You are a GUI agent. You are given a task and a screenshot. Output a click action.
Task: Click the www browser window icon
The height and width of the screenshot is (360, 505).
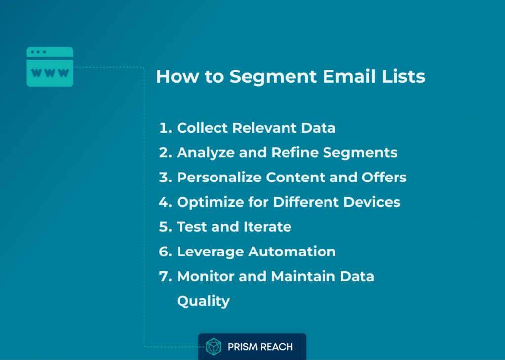[x=50, y=67]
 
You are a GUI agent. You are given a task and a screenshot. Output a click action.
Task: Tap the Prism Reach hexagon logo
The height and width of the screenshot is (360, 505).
[x=214, y=347]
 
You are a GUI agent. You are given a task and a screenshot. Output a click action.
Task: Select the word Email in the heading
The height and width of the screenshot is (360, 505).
[x=349, y=76]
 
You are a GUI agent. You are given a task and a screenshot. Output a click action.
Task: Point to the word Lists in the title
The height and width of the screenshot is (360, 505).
[x=403, y=76]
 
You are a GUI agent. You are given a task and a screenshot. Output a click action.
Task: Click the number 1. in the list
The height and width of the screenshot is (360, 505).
[x=166, y=128]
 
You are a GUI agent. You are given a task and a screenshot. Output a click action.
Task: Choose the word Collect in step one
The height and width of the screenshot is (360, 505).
[x=202, y=128]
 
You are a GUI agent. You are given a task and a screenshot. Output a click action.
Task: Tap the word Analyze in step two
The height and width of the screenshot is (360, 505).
[x=206, y=153]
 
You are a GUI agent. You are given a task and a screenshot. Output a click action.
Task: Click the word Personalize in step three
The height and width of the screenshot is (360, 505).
[x=219, y=178]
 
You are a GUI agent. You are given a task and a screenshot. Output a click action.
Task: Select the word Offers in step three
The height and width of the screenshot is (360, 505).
[x=384, y=178]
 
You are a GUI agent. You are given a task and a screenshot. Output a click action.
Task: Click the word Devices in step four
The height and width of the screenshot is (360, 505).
[x=372, y=202]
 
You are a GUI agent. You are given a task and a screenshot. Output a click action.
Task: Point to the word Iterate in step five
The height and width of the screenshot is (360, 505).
[x=268, y=227]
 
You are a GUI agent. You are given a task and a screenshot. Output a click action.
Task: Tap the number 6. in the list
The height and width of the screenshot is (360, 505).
[x=166, y=252]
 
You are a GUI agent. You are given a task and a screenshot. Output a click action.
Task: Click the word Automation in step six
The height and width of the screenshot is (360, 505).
[x=292, y=252]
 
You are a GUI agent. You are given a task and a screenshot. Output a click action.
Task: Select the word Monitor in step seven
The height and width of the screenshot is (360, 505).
[x=206, y=276]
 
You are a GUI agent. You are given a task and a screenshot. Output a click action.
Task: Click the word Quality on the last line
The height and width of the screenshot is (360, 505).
[x=204, y=302]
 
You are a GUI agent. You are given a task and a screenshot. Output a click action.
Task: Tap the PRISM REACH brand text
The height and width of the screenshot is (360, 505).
[x=260, y=347]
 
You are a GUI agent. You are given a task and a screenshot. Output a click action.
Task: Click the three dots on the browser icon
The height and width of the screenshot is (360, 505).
[x=38, y=52]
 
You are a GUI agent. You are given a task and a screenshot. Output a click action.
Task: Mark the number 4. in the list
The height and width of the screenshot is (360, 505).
[x=166, y=202]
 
